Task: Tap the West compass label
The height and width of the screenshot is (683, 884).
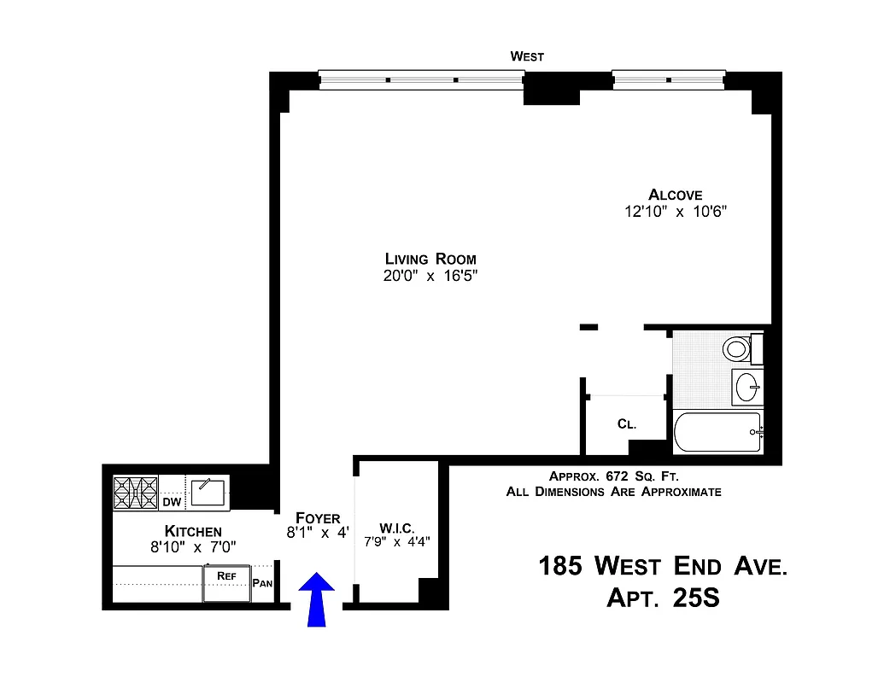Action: pyautogui.click(x=527, y=56)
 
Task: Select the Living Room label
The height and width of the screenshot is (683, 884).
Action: pyautogui.click(x=430, y=259)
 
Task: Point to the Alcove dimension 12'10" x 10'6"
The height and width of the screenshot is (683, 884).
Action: pyautogui.click(x=675, y=212)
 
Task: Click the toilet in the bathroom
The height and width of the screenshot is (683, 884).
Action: pyautogui.click(x=735, y=348)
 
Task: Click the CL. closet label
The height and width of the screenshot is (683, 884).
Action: pyautogui.click(x=626, y=424)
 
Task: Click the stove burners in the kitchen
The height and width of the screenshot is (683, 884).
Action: pyautogui.click(x=137, y=493)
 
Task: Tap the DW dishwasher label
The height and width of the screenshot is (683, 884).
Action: pyautogui.click(x=172, y=502)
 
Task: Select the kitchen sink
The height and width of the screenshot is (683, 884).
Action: pyautogui.click(x=208, y=491)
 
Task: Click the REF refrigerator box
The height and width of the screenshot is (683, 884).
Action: pyautogui.click(x=226, y=583)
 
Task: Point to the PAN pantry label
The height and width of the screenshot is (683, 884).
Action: pyautogui.click(x=262, y=585)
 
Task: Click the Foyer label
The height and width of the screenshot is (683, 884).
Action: pyautogui.click(x=318, y=518)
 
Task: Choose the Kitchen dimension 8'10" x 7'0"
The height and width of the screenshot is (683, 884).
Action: pyautogui.click(x=193, y=547)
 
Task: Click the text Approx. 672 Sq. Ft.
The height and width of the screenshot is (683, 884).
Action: pyautogui.click(x=613, y=476)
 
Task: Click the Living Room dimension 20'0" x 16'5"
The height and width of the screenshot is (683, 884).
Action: pyautogui.click(x=430, y=276)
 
